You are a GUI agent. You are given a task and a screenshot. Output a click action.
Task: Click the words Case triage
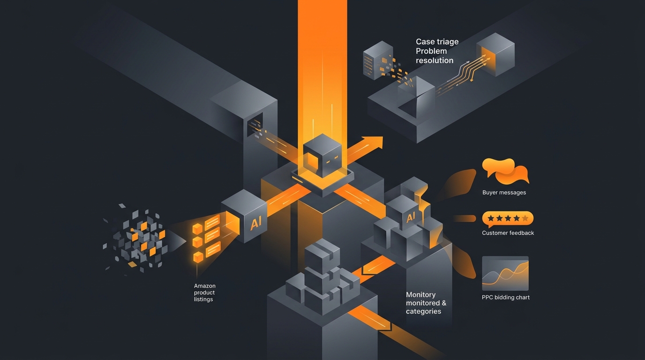[437, 42]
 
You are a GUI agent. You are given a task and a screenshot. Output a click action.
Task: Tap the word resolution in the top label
[435, 60]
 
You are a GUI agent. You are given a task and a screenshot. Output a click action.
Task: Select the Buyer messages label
[504, 192]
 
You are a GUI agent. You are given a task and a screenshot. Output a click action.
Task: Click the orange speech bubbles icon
[505, 171]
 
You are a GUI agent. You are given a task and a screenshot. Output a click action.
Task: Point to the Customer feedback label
[508, 232]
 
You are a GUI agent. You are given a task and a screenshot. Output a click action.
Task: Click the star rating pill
[508, 218]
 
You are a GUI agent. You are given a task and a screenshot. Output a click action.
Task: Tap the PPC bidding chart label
[506, 297]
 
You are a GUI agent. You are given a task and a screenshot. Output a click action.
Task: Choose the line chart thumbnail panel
[505, 273]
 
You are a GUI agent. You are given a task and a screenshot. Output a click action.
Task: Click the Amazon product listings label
[204, 292]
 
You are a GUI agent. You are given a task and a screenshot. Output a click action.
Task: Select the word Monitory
[420, 295]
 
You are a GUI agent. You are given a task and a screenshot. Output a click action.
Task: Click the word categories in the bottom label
[423, 311]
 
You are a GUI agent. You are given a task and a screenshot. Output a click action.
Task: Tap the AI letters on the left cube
[255, 223]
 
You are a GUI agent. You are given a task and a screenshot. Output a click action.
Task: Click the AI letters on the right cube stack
[411, 217]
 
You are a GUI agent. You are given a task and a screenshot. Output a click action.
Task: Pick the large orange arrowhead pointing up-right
[373, 143]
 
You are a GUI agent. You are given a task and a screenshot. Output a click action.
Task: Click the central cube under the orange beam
[322, 156]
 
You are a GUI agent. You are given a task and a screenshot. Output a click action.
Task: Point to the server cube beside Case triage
[378, 60]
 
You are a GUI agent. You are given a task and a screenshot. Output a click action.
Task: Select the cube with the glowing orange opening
[495, 54]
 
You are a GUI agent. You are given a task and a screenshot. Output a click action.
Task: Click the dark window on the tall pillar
[255, 124]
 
